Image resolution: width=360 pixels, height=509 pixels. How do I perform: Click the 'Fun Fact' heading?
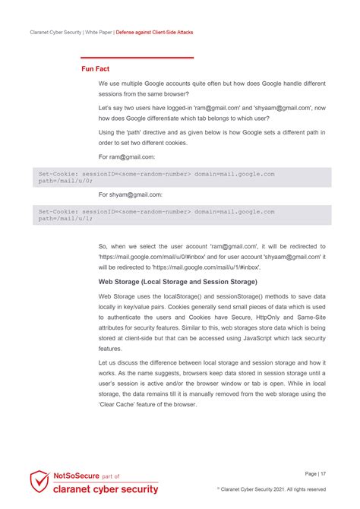click(x=96, y=69)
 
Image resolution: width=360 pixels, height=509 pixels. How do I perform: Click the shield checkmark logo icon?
click(x=39, y=482)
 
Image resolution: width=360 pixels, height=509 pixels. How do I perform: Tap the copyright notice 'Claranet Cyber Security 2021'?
click(x=273, y=489)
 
